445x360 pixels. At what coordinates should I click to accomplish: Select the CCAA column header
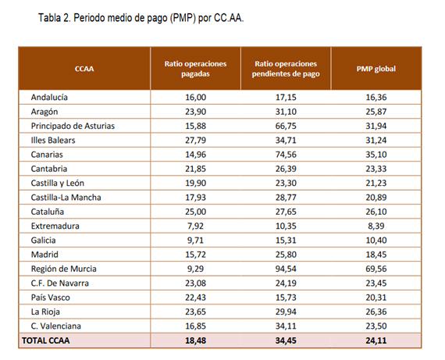coord(84,69)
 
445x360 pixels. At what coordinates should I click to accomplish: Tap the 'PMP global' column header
coord(376,69)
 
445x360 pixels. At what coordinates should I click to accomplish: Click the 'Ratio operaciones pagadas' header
coord(195,69)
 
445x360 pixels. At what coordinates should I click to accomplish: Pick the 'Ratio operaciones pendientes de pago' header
coord(286,69)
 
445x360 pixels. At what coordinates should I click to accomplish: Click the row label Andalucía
coord(49,97)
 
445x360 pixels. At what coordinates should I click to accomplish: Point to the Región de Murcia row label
coord(63,269)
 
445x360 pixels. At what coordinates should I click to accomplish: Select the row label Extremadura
coord(55,226)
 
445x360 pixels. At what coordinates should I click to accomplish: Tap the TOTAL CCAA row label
coord(46,340)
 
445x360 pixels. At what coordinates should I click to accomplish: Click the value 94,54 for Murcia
coord(286,269)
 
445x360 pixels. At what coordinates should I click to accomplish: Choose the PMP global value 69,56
coord(376,269)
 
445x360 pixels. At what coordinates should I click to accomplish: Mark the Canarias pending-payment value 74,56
coord(286,155)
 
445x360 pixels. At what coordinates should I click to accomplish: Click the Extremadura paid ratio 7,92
coord(195,226)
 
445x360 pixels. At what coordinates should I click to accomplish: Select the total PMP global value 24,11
coord(376,340)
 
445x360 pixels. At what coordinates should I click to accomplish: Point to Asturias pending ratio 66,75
coord(286,126)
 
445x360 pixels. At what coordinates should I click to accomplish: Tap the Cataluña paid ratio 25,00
coord(195,212)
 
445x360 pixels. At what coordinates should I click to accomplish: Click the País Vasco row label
coord(50,298)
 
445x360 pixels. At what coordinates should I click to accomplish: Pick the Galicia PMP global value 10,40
coord(376,241)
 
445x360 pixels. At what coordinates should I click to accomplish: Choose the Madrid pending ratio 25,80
coord(286,255)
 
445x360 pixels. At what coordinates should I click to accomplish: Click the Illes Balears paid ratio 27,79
coord(195,141)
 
